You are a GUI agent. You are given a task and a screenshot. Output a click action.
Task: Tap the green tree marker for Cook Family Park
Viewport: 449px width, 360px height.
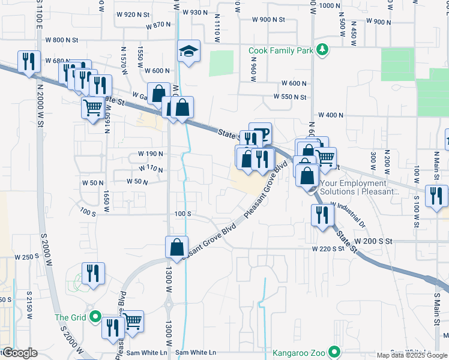tap(323, 50)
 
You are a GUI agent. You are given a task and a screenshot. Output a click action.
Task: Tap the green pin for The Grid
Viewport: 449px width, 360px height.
tap(94, 317)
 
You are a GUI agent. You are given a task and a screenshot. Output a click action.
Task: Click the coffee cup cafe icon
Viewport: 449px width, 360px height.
tap(260, 133)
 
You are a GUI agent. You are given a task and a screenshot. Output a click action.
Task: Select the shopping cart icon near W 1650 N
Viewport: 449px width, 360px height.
tap(93, 108)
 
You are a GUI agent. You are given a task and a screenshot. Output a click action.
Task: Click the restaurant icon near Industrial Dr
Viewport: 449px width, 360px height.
tap(322, 214)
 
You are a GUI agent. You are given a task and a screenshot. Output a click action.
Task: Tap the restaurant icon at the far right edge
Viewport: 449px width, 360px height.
tap(436, 195)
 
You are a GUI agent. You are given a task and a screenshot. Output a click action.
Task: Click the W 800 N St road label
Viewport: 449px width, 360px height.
tap(62, 40)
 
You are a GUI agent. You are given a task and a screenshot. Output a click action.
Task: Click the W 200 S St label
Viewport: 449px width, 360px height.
tap(373, 240)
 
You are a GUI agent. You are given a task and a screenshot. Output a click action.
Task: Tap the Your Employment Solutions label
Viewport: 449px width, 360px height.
tap(361, 187)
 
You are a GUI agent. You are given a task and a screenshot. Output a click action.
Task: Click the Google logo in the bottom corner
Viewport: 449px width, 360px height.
tap(19, 353)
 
